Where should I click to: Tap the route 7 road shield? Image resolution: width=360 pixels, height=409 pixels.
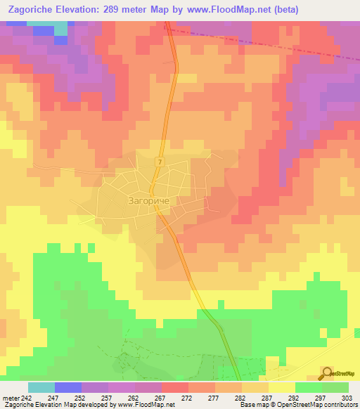point(160,163)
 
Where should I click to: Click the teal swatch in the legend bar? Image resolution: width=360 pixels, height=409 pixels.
point(41,387)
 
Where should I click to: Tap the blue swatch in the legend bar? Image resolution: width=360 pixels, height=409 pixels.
point(68,387)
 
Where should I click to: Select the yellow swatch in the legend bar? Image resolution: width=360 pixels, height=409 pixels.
point(281,387)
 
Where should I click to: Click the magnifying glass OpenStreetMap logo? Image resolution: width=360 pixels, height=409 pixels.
point(327,372)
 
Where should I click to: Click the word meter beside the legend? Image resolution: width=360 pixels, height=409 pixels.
point(10,397)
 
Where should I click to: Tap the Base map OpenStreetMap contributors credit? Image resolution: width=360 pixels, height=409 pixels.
point(298,405)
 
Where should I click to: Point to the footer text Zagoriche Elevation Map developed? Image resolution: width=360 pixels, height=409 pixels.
point(56,405)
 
